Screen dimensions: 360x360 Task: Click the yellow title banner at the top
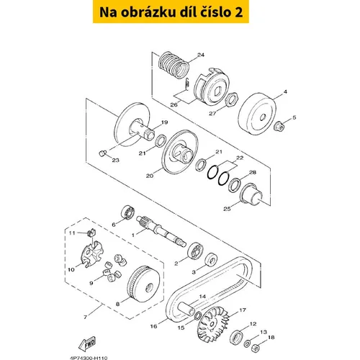pos(171,12)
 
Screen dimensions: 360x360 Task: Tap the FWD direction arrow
pos(87,343)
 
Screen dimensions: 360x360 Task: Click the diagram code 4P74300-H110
pos(89,358)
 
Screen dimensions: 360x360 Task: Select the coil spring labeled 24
pos(174,66)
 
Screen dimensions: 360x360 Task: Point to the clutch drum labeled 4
pos(258,114)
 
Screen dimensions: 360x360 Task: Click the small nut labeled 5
pos(279,126)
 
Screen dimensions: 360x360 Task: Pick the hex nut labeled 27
pos(232,99)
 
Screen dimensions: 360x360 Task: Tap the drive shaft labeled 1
pos(161,231)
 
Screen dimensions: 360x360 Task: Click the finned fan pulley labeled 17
pos(212,325)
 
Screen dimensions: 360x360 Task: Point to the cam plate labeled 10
pos(91,254)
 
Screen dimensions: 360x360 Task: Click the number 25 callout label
pos(227,209)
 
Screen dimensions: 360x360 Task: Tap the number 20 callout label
pos(150,176)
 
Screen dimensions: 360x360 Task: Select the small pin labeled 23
pos(102,153)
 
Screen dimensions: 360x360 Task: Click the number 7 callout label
pos(85,318)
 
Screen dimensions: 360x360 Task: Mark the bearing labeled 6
pos(127,212)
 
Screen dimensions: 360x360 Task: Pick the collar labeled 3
pos(211,259)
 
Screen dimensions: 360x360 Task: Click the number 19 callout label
pos(164,122)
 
